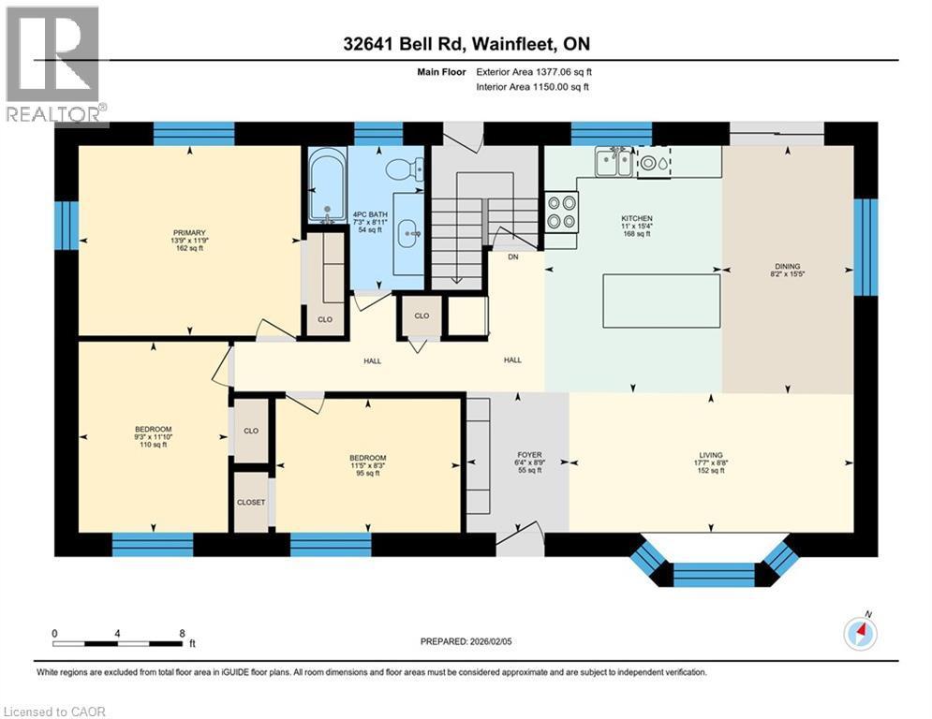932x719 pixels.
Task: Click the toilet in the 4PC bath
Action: [x=405, y=169]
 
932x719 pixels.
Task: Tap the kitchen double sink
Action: [x=614, y=162]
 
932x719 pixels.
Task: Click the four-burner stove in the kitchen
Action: [x=561, y=213]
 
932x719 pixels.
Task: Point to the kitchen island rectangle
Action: [x=661, y=301]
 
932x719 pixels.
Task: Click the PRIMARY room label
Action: [x=189, y=233]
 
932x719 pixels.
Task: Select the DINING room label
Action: [x=788, y=266]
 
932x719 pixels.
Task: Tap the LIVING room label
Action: [x=711, y=455]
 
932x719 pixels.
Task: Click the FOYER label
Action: [x=529, y=455]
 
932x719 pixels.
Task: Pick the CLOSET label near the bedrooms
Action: [x=251, y=502]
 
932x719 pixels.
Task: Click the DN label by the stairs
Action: [x=513, y=257]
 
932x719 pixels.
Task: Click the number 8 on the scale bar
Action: [x=182, y=634]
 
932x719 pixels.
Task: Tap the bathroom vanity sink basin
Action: [x=409, y=233]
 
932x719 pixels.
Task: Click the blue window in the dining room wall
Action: [x=865, y=247]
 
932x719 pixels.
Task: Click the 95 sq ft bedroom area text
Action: [x=368, y=473]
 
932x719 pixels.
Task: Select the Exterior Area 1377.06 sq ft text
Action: [x=534, y=72]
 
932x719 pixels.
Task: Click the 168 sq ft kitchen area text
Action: [x=637, y=234]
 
